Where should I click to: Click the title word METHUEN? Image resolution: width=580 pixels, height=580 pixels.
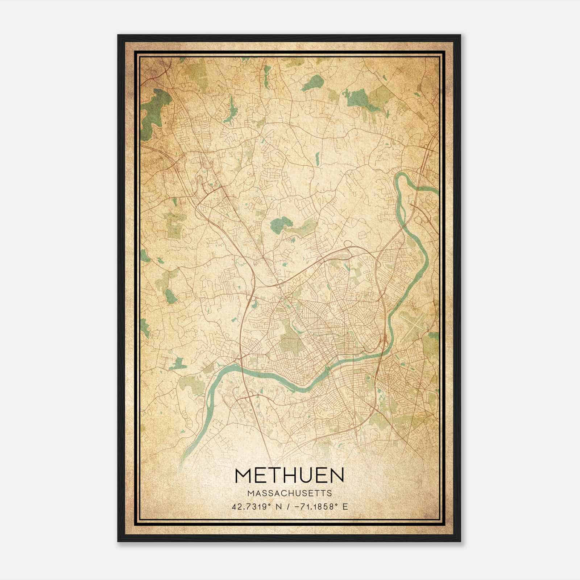(x=289, y=476)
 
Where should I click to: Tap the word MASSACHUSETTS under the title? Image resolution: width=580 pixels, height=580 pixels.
(x=289, y=493)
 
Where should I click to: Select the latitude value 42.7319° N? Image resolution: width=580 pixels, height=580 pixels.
(x=256, y=507)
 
